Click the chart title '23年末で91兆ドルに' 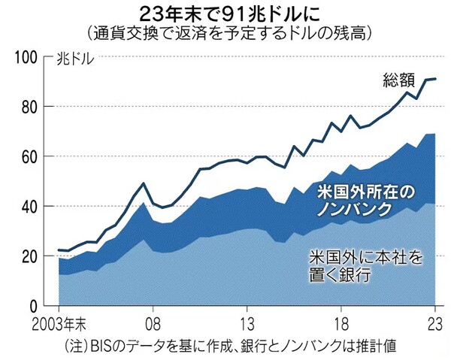tap(225, 14)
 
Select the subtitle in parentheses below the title tap(225, 33)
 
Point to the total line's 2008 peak tap(144, 183)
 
